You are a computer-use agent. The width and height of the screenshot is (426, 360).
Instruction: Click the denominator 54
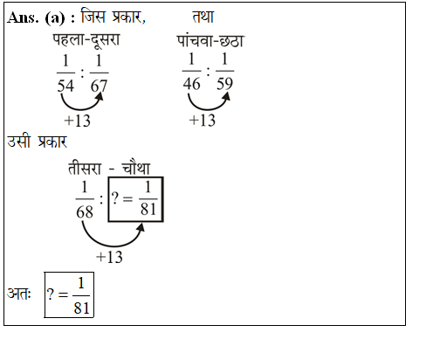65,86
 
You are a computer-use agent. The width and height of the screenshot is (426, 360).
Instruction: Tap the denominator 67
99,86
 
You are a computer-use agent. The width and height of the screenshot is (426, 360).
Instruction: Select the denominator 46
191,84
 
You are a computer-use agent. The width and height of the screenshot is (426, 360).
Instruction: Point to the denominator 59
224,84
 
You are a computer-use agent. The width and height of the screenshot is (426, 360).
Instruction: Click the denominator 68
85,211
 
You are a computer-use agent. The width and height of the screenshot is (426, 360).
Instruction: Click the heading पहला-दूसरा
86,40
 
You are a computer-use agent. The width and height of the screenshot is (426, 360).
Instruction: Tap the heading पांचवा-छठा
210,41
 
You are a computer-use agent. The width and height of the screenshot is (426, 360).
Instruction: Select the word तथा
203,17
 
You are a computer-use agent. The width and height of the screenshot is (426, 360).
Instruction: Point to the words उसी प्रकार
37,142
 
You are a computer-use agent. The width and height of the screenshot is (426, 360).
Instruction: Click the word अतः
18,293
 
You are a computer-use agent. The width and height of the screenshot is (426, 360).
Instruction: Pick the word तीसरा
85,169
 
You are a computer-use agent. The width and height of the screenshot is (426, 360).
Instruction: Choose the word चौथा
136,168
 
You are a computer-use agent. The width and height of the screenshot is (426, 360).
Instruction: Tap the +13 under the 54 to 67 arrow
78,121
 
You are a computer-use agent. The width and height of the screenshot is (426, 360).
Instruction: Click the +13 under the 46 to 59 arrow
203,120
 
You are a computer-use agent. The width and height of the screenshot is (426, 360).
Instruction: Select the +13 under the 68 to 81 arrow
109,257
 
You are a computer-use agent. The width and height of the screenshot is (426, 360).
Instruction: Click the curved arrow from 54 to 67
80,109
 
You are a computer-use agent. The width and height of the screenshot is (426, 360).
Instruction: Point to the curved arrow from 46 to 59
208,109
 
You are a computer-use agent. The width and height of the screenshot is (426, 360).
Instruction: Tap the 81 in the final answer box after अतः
81,308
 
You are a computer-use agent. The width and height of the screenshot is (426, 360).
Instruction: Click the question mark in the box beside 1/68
115,198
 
